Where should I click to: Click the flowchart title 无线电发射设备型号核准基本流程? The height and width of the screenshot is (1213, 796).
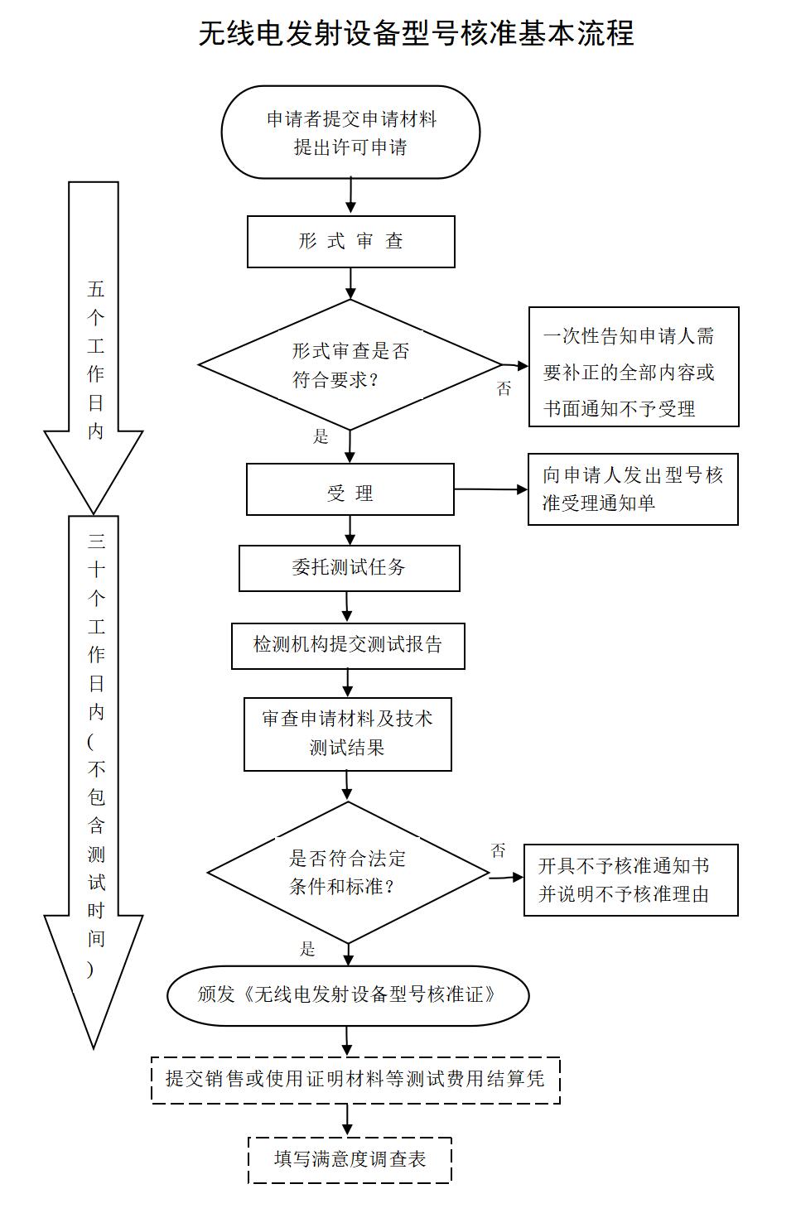[417, 33]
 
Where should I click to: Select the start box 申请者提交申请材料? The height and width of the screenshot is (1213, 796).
[350, 132]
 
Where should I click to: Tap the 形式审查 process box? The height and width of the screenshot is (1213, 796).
[350, 242]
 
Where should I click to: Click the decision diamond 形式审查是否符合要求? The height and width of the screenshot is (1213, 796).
[350, 365]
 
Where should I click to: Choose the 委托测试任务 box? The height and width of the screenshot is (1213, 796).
[349, 568]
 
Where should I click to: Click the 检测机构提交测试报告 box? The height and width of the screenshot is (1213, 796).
[348, 646]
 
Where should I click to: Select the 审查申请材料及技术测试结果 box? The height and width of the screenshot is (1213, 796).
[347, 734]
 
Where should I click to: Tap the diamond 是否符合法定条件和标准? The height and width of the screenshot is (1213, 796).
[348, 873]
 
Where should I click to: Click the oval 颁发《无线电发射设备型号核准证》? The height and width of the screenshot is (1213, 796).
[348, 994]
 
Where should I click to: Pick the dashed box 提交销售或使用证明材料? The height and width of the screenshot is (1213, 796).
[355, 1080]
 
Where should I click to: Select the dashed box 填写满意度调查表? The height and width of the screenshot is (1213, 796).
[350, 1159]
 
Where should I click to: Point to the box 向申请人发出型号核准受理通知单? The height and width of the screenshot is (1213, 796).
[633, 489]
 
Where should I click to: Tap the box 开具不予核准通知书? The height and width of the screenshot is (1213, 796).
[630, 880]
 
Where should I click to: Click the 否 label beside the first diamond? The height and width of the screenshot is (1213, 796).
[504, 388]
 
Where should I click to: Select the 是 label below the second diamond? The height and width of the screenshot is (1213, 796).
[307, 949]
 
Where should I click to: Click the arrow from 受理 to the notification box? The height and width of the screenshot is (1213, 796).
[490, 489]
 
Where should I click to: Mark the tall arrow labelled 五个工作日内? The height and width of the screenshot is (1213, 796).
[94, 348]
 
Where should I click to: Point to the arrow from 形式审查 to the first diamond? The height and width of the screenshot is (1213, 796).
[350, 283]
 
